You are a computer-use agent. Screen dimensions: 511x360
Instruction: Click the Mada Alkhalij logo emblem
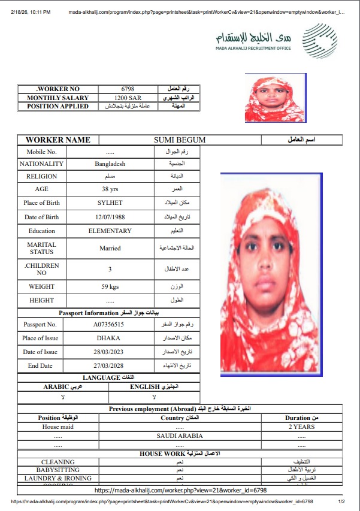(319, 41)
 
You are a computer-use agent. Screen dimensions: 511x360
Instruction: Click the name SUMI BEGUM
(180, 140)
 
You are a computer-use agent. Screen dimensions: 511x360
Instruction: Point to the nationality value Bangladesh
(110, 164)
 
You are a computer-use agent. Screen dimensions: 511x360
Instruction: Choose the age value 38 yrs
(110, 189)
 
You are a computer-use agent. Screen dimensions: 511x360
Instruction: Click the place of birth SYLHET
(110, 203)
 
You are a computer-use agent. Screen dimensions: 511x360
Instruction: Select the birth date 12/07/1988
(110, 217)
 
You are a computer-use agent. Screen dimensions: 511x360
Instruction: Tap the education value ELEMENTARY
(110, 231)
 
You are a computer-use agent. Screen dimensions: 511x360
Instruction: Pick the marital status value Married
(110, 248)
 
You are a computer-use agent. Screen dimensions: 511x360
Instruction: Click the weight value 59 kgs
(110, 286)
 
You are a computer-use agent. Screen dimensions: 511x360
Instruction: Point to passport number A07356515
(108, 324)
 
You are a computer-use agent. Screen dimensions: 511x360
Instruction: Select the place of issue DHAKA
(108, 338)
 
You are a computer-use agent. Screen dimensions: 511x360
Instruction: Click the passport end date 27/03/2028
(108, 365)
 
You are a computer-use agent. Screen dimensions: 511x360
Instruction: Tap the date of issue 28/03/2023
(108, 352)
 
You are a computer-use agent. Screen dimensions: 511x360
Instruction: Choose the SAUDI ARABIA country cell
(180, 436)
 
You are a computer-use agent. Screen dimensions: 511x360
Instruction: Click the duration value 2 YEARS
(301, 427)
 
